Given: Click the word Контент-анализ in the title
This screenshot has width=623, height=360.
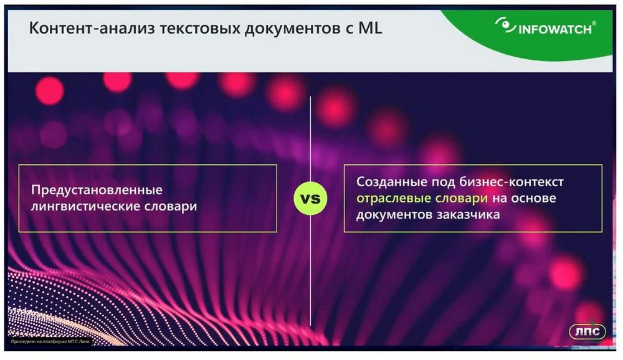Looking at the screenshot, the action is (92, 28).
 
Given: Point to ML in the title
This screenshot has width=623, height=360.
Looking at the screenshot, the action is (370, 28).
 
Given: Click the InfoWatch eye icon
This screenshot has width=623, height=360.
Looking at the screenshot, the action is (505, 25).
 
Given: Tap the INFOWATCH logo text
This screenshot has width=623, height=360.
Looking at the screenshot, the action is (554, 29).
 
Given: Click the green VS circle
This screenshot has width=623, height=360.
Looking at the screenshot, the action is (310, 198).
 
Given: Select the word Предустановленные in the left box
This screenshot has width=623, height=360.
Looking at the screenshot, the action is (97, 190).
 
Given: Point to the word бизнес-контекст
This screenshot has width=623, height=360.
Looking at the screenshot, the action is (511, 182).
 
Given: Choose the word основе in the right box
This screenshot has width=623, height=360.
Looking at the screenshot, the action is (533, 198).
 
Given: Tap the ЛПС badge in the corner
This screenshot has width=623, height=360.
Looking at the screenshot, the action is (587, 331).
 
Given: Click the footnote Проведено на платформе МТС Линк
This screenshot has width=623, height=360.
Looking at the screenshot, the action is (50, 341).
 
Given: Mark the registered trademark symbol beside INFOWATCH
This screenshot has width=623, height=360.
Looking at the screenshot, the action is (594, 24).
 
